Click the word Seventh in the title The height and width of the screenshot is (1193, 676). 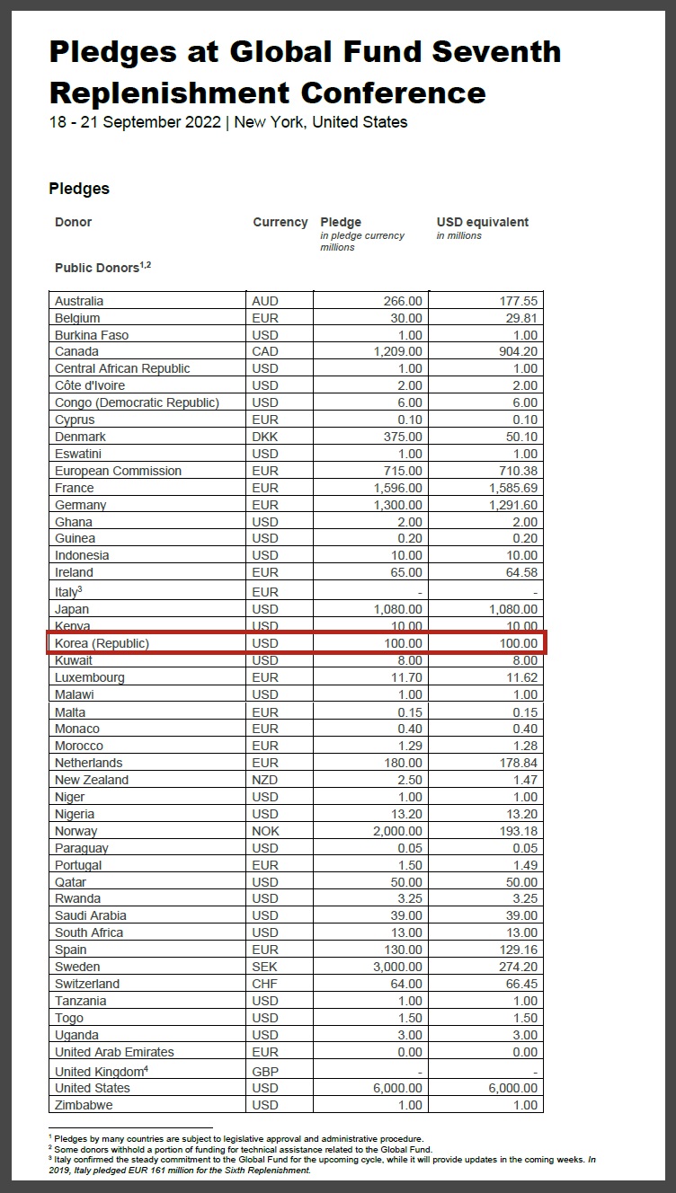(496, 52)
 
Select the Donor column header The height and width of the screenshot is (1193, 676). (73, 222)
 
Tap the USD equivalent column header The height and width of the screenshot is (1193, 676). (482, 222)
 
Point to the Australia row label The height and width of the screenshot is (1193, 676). (79, 301)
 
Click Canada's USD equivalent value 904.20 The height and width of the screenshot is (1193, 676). (519, 352)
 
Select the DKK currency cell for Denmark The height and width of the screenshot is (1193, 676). (265, 437)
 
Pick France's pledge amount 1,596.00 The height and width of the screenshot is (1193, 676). (398, 488)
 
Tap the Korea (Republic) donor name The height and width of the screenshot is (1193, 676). (102, 643)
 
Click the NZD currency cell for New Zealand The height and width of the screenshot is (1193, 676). (265, 780)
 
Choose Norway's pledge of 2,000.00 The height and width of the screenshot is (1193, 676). (398, 831)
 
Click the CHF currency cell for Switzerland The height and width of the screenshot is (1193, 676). (265, 984)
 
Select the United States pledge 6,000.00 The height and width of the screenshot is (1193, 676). (398, 1088)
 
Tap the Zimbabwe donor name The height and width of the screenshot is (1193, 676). (84, 1105)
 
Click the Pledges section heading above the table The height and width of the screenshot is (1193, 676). (79, 189)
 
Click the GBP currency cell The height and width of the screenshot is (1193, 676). (265, 1072)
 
